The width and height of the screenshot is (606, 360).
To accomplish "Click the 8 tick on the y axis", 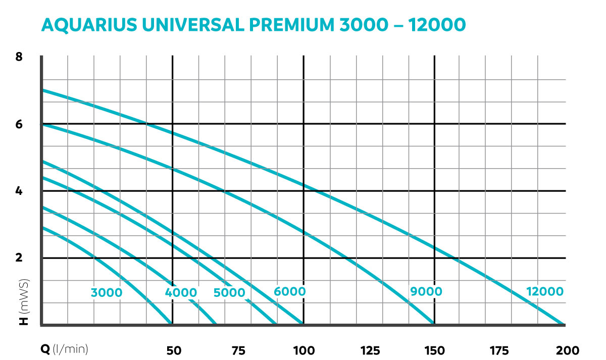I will tap(19, 57).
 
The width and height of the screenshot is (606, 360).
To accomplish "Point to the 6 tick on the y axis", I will tap(19, 124).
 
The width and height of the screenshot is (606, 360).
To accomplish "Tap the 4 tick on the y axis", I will tap(19, 191).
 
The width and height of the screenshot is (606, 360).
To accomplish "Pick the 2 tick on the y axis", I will tap(19, 258).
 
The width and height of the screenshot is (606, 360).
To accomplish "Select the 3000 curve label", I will tap(107, 292).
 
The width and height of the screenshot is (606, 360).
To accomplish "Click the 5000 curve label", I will tap(229, 293).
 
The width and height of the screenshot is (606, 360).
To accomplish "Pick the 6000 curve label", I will tap(289, 291).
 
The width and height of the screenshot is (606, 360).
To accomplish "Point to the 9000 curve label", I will tap(426, 291).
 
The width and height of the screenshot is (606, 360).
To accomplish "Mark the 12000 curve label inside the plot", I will tap(544, 291).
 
